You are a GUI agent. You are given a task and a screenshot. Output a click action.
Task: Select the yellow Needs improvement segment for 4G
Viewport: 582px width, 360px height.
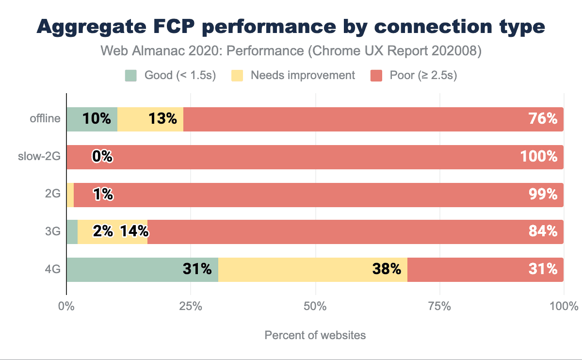(312, 269)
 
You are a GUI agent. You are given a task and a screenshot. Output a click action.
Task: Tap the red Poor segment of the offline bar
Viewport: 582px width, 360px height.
(373, 119)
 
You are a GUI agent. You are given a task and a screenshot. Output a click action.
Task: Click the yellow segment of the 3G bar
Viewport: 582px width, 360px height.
(112, 232)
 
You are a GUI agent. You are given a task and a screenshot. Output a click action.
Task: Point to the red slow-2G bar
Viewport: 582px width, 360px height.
(315, 157)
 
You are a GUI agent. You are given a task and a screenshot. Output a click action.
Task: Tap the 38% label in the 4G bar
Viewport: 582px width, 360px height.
(387, 269)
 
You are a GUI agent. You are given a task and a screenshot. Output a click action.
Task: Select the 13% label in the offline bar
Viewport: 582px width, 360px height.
(163, 119)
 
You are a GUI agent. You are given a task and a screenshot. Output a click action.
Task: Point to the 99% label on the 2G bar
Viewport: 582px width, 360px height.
(543, 194)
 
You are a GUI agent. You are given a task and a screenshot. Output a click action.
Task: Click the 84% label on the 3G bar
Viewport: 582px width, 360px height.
(543, 231)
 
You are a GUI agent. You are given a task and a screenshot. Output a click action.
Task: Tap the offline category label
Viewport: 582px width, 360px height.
(47, 119)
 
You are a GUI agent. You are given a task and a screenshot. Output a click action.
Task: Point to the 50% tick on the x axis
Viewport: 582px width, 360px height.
(315, 307)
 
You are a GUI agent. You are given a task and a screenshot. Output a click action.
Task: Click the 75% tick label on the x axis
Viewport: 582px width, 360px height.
(439, 307)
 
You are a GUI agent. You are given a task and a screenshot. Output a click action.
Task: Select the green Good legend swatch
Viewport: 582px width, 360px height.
(130, 76)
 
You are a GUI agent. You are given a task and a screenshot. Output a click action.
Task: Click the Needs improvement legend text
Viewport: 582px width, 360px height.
(303, 76)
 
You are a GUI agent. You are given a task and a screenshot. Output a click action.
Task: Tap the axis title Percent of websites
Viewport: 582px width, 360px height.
(315, 335)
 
